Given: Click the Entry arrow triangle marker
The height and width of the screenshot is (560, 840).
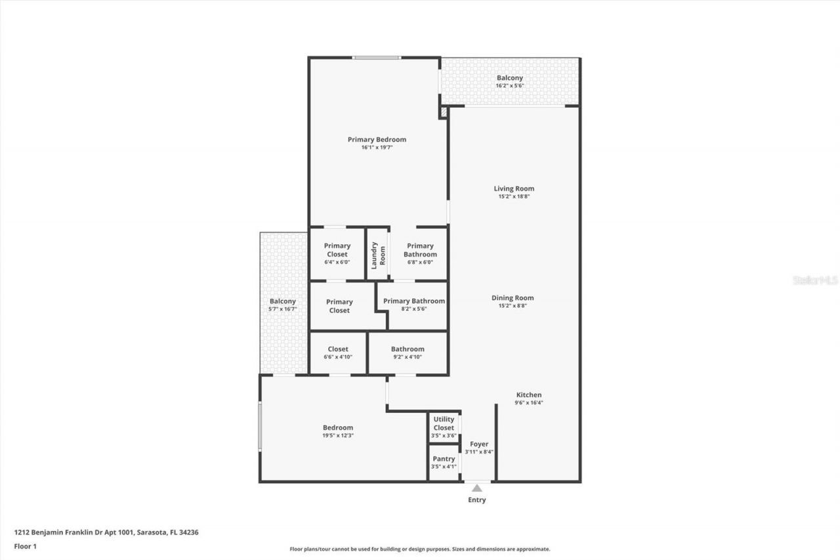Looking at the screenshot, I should (477, 488).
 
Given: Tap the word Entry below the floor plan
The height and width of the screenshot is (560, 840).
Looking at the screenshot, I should (477, 500).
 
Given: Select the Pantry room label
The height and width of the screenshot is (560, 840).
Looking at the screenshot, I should (444, 459).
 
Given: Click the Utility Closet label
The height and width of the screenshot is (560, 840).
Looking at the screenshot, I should (444, 423).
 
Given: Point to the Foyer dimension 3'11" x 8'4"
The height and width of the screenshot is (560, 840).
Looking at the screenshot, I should (479, 452).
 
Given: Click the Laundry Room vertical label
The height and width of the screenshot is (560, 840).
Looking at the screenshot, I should (378, 255).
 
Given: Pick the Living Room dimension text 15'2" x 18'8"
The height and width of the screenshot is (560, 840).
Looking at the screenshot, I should (514, 196).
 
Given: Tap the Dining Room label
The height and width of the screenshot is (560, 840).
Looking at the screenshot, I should (513, 297).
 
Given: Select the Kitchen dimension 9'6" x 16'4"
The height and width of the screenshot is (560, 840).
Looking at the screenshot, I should (528, 402).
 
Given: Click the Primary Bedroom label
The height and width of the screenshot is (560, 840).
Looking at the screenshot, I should (377, 139).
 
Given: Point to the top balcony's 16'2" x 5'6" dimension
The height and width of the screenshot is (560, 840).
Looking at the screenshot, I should (509, 85).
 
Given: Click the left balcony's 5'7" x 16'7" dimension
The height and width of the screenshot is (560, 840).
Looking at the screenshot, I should (282, 309).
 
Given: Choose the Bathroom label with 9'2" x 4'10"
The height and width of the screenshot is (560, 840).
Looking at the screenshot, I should (408, 349).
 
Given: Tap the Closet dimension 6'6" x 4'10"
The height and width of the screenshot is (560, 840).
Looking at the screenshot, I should (338, 356).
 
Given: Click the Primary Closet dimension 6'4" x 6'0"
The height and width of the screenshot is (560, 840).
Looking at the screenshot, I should (337, 262).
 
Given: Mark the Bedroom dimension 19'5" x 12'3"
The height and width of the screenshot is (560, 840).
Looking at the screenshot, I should (338, 435).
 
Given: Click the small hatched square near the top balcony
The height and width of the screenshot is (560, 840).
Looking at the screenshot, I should (444, 113).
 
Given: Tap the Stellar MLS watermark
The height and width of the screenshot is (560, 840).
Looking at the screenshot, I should (815, 280).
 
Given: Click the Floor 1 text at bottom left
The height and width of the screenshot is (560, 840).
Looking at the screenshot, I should (25, 546).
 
